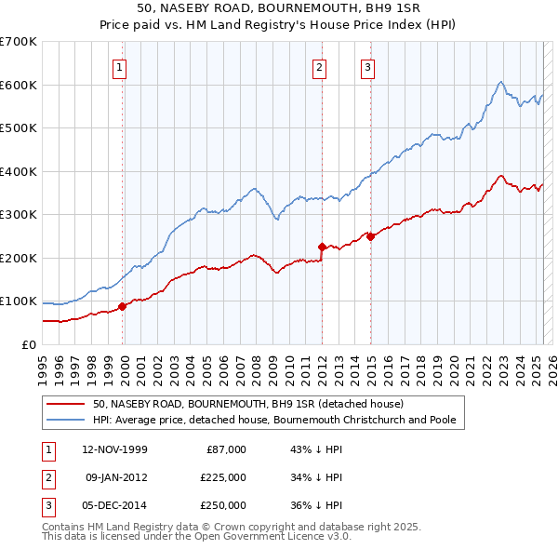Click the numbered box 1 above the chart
tap(121, 66)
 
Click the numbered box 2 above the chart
tap(319, 66)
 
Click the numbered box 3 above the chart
tap(367, 66)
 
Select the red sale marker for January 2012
tap(322, 248)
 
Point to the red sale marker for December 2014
tap(370, 236)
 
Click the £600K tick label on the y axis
tap(19, 85)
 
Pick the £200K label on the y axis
tap(19, 258)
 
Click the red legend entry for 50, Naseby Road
tap(247, 405)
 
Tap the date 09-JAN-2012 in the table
tap(115, 477)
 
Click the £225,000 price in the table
tap(223, 477)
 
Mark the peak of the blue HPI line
tap(500, 82)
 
